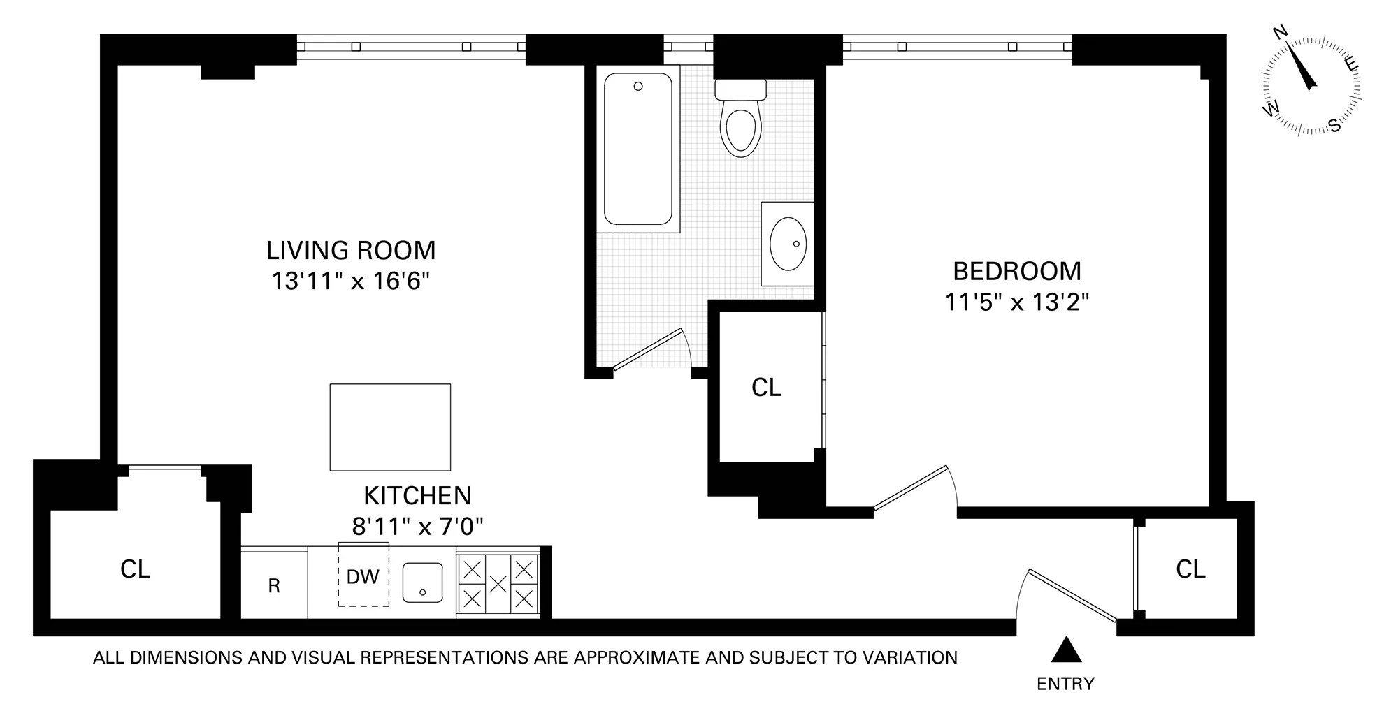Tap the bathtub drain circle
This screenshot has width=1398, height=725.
(637, 87)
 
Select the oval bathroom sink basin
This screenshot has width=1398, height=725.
(788, 243)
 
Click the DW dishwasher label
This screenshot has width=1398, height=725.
(363, 577)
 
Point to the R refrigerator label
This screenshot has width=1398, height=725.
(274, 586)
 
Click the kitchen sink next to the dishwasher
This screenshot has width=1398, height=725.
(422, 583)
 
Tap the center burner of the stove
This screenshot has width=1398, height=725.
(498, 583)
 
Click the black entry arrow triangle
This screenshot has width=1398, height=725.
(1067, 650)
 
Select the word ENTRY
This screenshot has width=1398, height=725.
(1065, 684)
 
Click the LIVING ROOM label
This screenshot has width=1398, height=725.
(350, 250)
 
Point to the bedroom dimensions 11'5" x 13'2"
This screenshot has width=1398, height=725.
(1017, 302)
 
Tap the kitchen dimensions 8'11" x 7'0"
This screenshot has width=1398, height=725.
(417, 526)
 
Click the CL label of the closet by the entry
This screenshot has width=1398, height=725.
(1190, 569)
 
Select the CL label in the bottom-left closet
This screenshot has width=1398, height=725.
(135, 569)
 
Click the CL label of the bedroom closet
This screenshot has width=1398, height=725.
(766, 388)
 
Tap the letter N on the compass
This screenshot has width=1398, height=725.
(1281, 51)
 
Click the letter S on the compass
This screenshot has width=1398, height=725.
(1334, 126)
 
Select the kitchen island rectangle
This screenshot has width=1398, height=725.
(390, 427)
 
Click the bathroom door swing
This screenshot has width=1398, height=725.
(654, 349)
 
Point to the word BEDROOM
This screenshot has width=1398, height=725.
(1017, 270)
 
